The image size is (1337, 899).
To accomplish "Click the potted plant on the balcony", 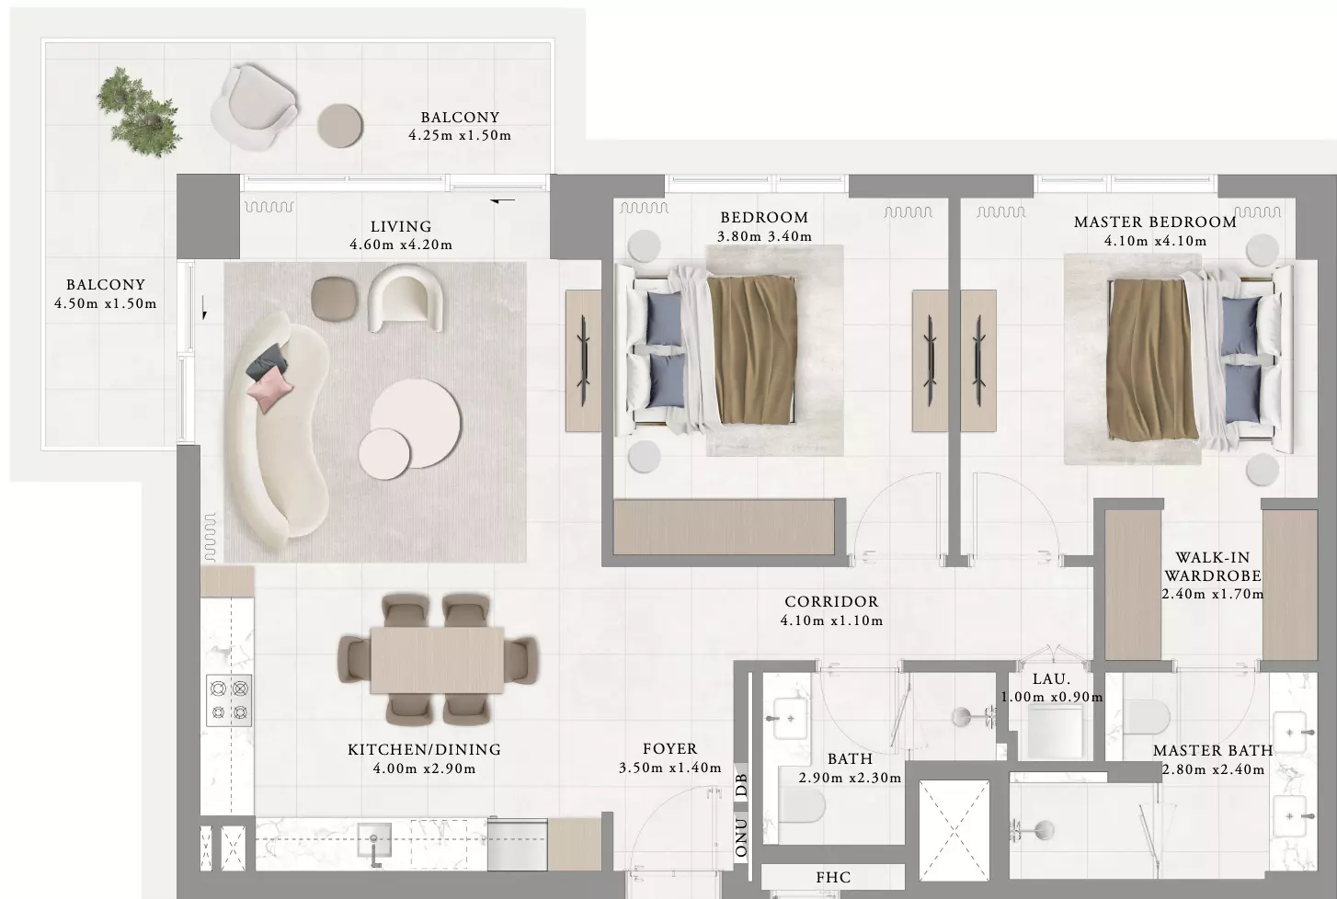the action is pos(139,111).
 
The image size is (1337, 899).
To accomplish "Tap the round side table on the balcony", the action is pos(339,126).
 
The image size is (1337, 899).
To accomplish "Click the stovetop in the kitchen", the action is pos(229,700).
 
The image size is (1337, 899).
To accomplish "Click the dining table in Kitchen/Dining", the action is pos(437,660).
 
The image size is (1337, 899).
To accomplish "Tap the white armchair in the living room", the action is pos(406,297).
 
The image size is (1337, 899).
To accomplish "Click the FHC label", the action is pos(833,878).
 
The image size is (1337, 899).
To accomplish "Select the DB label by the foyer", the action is pos(741,785).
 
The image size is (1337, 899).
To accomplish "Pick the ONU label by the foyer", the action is pos(741,838).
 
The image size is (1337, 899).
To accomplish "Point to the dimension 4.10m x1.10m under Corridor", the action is pos(831,620).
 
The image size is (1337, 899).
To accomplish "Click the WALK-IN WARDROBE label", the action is pos(1213,567).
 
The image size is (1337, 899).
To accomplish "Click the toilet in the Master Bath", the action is pos(1146,716).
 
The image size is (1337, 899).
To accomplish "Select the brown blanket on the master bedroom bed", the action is pos(1151,359).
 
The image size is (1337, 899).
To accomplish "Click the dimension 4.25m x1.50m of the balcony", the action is pos(460,135).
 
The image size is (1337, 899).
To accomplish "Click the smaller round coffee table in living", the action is pos(384,453).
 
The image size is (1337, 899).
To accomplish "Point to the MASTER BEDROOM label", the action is pos(1155,222).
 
